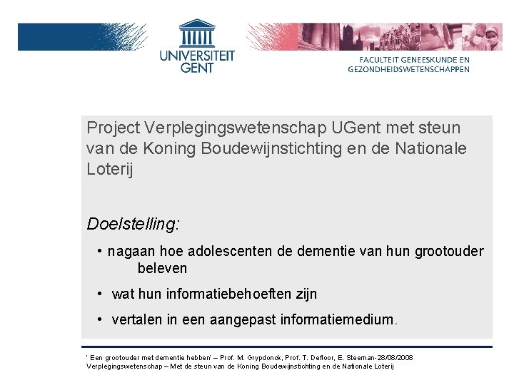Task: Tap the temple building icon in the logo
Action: click(196, 34)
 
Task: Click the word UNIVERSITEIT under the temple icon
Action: click(196, 54)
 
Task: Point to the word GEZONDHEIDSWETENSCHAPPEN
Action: click(409, 69)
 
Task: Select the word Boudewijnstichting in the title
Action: click(248, 148)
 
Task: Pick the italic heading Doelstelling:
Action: click(133, 224)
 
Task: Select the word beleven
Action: click(162, 269)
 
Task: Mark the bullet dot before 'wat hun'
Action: click(101, 294)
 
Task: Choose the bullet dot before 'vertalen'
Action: click(101, 319)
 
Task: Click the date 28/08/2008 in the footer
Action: click(395, 357)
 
